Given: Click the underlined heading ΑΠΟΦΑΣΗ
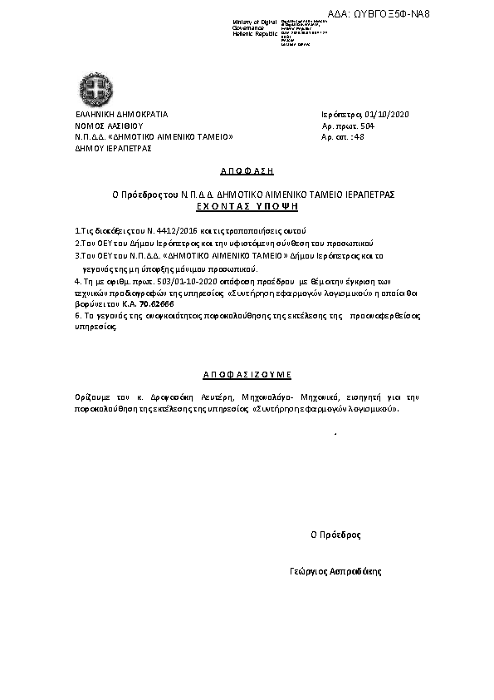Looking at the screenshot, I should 247,170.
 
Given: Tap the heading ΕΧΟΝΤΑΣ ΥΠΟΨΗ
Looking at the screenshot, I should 247,205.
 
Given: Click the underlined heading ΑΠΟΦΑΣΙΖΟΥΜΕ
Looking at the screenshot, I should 247,374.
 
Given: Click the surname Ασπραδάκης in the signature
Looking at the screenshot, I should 359,573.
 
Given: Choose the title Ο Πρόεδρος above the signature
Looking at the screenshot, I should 335,535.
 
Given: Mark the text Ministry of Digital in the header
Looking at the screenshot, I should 255,21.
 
